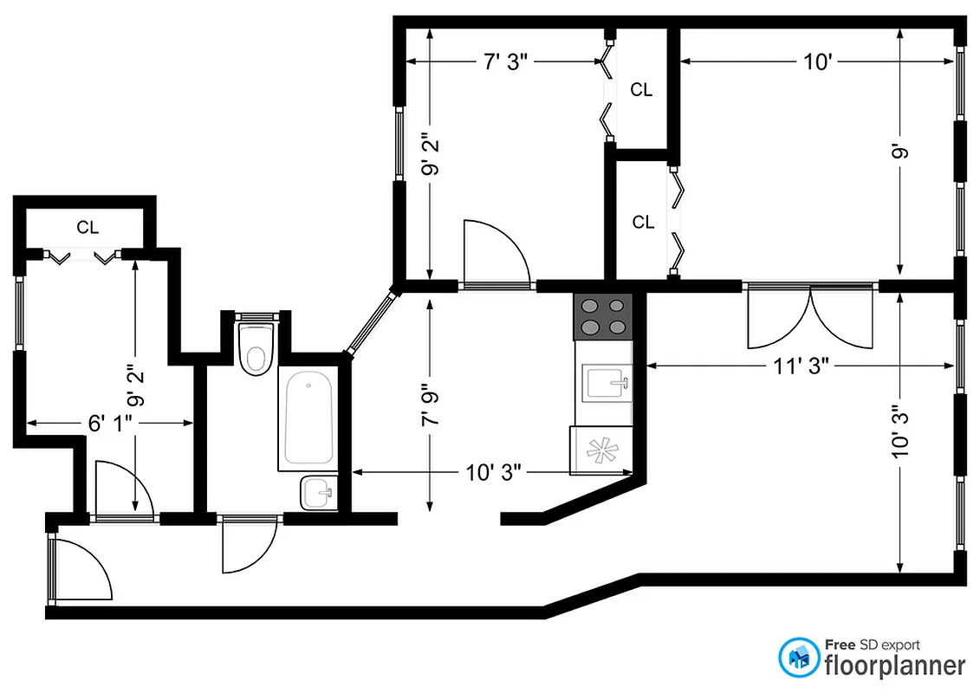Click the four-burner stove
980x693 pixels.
pos(604,316)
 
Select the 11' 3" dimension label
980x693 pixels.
pos(802,366)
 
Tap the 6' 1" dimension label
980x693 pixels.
pos(109,423)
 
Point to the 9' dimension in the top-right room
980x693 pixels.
pos(901,154)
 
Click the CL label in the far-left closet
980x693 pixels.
pos(88,228)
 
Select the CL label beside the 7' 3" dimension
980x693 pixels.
pos(641,89)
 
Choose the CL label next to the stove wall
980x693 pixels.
pos(643,223)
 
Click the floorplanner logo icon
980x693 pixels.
pos(799,659)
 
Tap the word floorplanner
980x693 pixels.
pos(893,665)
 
